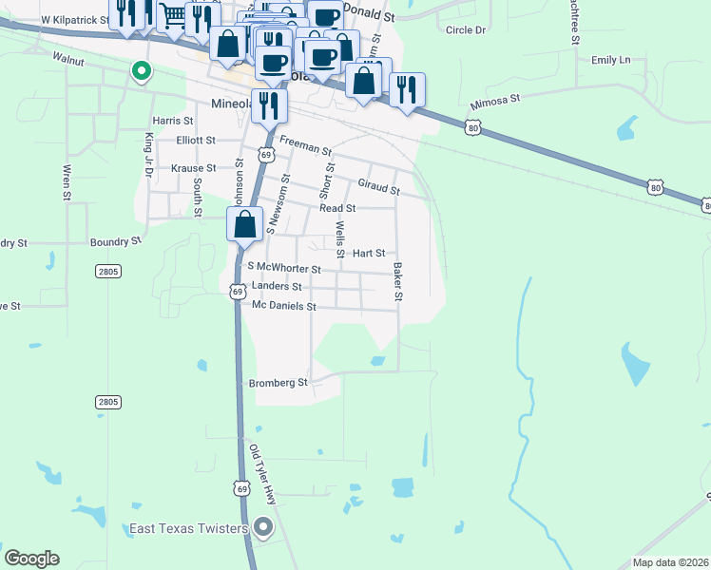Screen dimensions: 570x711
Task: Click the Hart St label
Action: point(368,254)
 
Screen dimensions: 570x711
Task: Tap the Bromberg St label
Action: point(279,384)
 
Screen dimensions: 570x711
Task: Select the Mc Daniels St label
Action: point(283,306)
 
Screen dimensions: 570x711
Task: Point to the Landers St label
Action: point(277,286)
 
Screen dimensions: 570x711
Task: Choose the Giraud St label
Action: point(378,185)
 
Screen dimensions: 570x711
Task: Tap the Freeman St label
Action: point(305,147)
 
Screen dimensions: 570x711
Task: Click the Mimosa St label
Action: point(495,100)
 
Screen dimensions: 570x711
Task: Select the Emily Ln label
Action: point(610,60)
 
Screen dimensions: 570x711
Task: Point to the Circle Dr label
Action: point(465,30)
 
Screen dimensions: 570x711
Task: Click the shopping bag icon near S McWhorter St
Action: point(244,225)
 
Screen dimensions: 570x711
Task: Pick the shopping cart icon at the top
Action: point(173,15)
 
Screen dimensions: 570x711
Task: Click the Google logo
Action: point(31,559)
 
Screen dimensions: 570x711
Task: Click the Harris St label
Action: point(172,122)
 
